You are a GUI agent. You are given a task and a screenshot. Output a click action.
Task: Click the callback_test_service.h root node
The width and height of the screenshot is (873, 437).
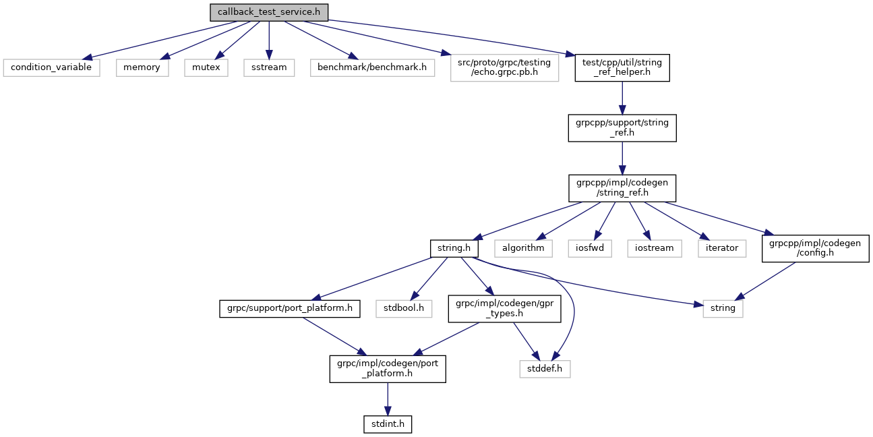(269, 12)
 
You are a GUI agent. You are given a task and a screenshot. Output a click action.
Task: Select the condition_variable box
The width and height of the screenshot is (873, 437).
(52, 67)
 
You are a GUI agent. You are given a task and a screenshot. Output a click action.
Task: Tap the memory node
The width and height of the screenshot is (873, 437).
(142, 67)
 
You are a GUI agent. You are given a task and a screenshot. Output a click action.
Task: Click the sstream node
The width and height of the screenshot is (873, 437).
(269, 67)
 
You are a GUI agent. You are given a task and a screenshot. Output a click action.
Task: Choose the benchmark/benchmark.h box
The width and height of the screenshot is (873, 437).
(373, 67)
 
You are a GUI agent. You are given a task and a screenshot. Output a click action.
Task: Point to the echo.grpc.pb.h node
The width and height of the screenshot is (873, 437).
(505, 67)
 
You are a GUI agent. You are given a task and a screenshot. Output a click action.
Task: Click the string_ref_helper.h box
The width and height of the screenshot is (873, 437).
(622, 67)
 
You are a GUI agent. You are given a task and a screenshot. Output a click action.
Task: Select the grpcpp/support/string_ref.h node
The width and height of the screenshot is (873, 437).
(622, 127)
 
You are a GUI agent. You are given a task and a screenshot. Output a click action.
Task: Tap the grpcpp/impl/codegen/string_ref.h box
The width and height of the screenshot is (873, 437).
(622, 187)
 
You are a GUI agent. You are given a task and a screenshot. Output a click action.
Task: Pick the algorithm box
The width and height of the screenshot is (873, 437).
(523, 248)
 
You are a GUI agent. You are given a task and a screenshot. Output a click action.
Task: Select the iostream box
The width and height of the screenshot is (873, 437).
(655, 248)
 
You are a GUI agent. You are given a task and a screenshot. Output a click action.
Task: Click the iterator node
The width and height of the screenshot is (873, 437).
(722, 248)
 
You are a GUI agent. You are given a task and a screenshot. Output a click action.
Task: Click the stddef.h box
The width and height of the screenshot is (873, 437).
(545, 369)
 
